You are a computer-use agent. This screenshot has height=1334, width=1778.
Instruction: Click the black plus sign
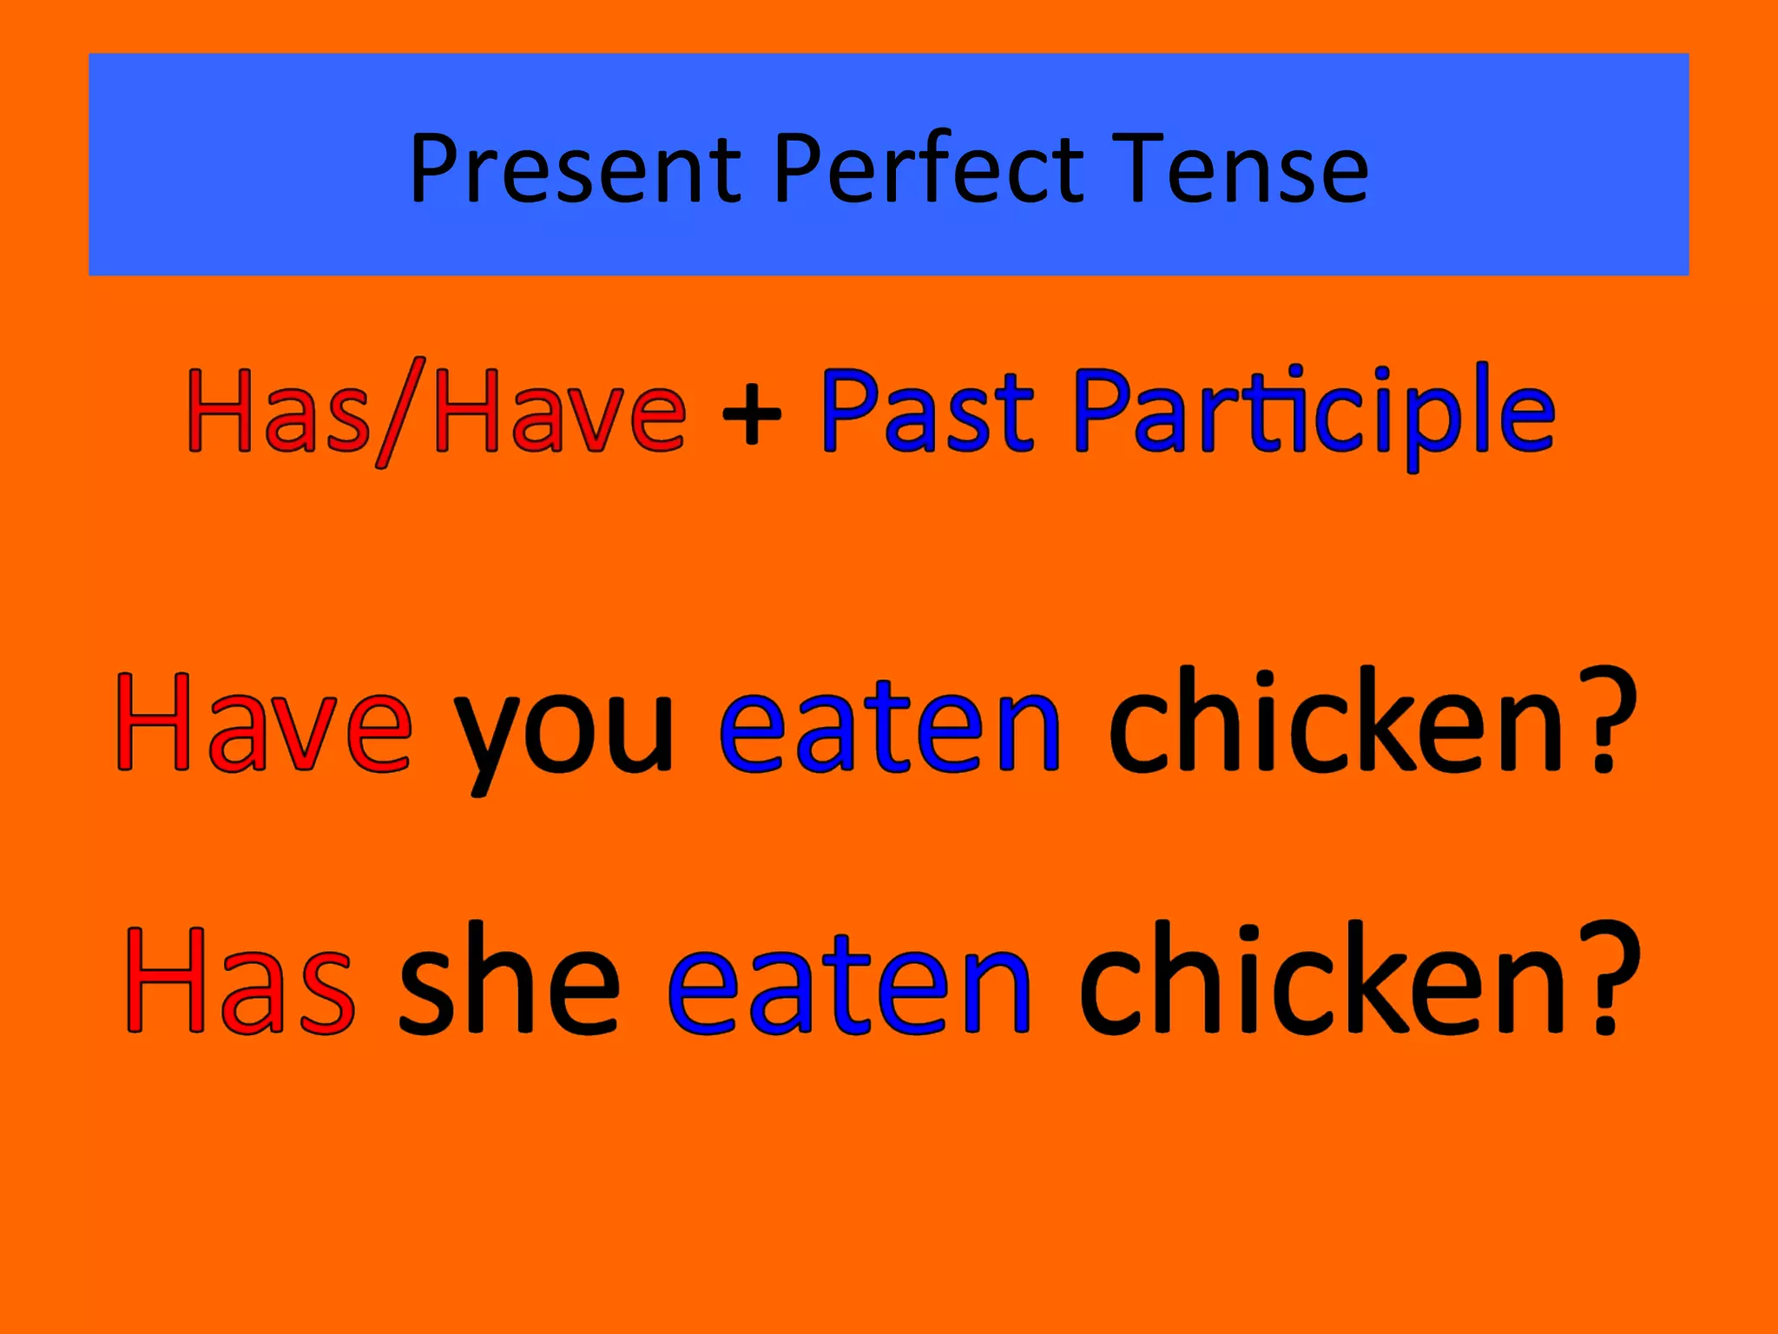[x=752, y=417]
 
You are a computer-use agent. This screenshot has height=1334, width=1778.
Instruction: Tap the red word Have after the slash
[x=560, y=411]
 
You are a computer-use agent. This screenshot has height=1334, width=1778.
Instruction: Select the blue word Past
[x=927, y=411]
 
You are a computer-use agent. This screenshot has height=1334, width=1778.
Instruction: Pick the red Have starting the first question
[x=264, y=723]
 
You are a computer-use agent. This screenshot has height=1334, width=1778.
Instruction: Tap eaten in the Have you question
[x=890, y=723]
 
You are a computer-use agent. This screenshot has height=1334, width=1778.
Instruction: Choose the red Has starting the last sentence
[x=240, y=981]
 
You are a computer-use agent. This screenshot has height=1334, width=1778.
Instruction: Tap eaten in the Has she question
[x=849, y=981]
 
